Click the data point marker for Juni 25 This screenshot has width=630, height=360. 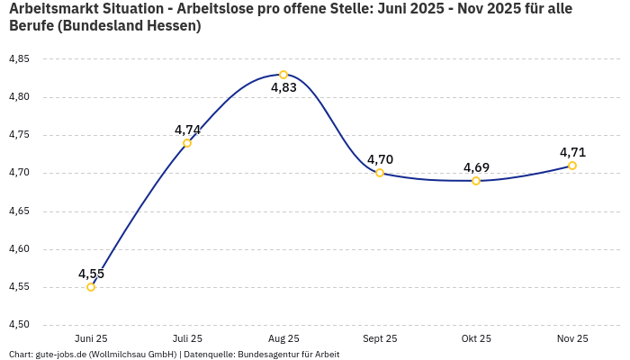coord(91,287)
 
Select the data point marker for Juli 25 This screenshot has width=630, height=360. coord(187,143)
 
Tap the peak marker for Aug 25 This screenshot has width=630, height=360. coord(283,75)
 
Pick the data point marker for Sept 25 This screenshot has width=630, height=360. coord(380,173)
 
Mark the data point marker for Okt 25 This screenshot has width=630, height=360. coord(476,181)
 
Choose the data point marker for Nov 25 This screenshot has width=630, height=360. coord(572,166)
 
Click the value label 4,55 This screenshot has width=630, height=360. coord(91,274)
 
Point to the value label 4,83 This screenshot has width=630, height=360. coord(283,88)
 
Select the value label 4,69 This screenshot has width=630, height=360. coord(476,167)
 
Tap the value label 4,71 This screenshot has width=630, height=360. coord(572,152)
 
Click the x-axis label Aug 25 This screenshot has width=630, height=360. coord(283,338)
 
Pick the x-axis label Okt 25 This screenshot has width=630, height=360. coord(476,338)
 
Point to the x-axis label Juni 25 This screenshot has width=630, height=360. coord(91,338)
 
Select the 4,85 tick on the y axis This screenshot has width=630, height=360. coord(19,59)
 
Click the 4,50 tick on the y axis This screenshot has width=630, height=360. coord(19,325)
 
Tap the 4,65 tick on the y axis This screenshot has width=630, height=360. coord(19,211)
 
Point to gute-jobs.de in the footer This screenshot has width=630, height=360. coord(60,355)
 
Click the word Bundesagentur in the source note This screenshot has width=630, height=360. coord(266,355)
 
